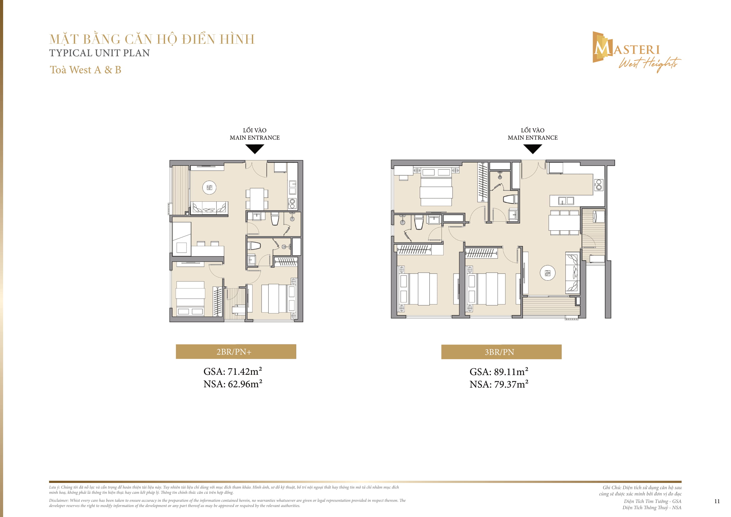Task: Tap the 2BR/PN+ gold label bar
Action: (236, 352)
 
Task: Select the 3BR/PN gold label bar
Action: (501, 352)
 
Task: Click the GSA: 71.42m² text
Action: (233, 372)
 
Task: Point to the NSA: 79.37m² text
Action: (498, 384)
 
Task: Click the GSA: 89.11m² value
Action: (498, 372)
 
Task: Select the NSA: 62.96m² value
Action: (233, 384)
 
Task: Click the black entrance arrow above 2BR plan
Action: (255, 149)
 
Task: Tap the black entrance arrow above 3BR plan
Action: (533, 149)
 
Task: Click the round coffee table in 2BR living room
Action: (209, 188)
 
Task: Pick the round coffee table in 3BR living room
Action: (548, 273)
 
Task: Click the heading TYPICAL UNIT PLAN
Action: (99, 53)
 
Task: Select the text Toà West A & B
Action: (85, 70)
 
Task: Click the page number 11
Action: (717, 501)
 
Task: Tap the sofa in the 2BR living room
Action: (209, 208)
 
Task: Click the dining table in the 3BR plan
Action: (564, 223)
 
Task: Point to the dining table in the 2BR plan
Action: (257, 198)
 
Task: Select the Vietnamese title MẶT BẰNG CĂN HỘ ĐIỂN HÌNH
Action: (152, 39)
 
